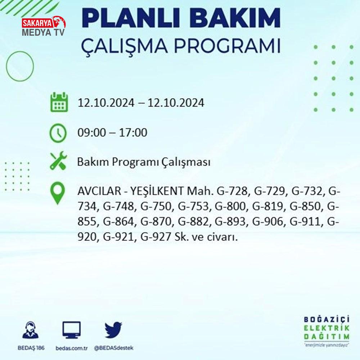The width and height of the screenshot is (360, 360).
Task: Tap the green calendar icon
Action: pos(59,102)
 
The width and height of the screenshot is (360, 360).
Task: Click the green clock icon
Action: pos(58,133)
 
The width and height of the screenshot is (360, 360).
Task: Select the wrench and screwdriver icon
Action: pos(58,161)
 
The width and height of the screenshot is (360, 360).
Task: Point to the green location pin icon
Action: pos(58,193)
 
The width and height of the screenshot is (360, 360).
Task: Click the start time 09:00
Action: pos(92,133)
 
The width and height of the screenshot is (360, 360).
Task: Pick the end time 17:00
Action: pos(133,133)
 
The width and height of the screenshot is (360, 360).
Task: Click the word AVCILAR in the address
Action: pos(99,191)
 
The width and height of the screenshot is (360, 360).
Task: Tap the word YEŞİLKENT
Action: pos(157,191)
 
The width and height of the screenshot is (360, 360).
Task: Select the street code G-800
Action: pos(231,206)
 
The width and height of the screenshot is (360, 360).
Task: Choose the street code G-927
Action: pos(156,237)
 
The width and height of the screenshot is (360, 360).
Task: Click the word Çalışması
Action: pos(185,162)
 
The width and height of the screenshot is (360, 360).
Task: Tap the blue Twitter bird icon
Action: pos(113,330)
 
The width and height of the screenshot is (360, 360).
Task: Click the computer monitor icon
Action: pos(72,330)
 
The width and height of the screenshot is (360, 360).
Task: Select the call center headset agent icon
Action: pos(30,330)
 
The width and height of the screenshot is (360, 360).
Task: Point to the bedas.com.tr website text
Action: pos(72,348)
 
